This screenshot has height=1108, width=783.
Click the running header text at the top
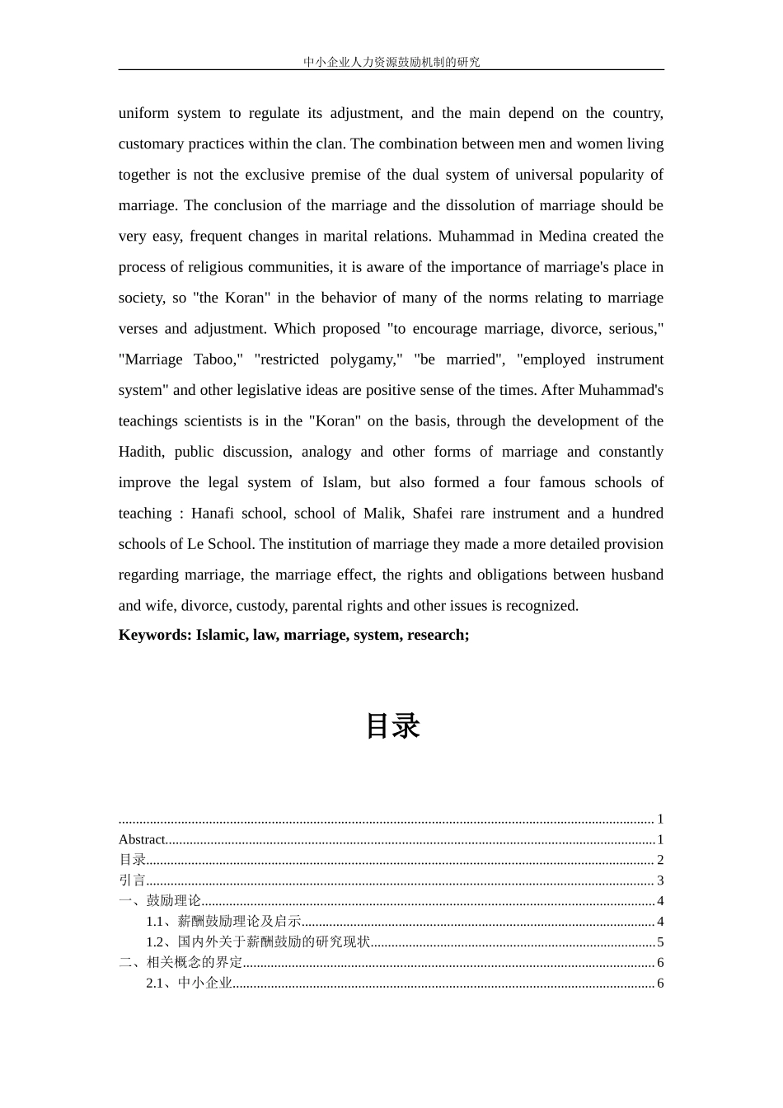tap(391, 62)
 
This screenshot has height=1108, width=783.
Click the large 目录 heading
tap(392, 726)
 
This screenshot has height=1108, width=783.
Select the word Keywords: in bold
tap(154, 635)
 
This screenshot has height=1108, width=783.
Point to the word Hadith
tap(141, 452)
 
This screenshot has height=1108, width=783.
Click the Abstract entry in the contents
tap(142, 840)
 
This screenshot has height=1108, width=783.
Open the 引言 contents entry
tap(132, 880)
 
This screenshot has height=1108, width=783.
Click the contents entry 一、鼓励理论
tap(160, 901)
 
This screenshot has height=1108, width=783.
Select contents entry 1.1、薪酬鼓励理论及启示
tap(223, 922)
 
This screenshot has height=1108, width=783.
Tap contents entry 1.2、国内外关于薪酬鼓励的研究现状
tap(258, 942)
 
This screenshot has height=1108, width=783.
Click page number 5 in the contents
tap(660, 942)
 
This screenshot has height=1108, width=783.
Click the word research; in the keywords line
tap(438, 635)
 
